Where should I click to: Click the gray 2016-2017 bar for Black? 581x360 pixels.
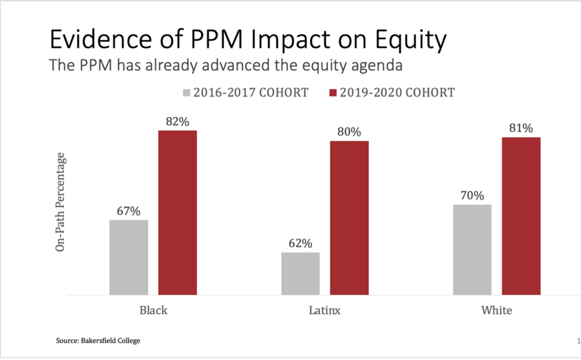coord(129,257)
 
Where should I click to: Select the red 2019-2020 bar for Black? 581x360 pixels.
coord(178,212)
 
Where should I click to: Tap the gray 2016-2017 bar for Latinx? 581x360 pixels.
coord(301,274)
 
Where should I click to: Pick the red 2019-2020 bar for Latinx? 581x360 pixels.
coord(349,218)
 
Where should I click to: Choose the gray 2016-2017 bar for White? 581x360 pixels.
coord(473,249)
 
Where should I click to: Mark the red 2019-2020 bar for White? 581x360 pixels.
coord(521,216)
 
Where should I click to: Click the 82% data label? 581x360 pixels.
coord(178,122)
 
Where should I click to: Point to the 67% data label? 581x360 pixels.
coord(129,211)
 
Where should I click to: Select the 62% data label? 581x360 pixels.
coord(301,243)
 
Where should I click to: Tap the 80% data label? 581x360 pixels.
coord(349,131)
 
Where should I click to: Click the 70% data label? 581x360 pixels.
coord(473,195)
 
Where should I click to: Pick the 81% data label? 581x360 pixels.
coord(521,128)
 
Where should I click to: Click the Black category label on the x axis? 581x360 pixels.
coord(153,310)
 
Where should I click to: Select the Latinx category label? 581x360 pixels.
coord(324,310)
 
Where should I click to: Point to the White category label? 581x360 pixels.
coord(496,310)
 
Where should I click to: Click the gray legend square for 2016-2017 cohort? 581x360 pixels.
coord(186,93)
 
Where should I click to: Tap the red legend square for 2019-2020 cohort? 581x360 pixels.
coord(333,93)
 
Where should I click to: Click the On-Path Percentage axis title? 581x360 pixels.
coord(60,202)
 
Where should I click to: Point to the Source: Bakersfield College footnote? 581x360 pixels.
coord(98,340)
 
